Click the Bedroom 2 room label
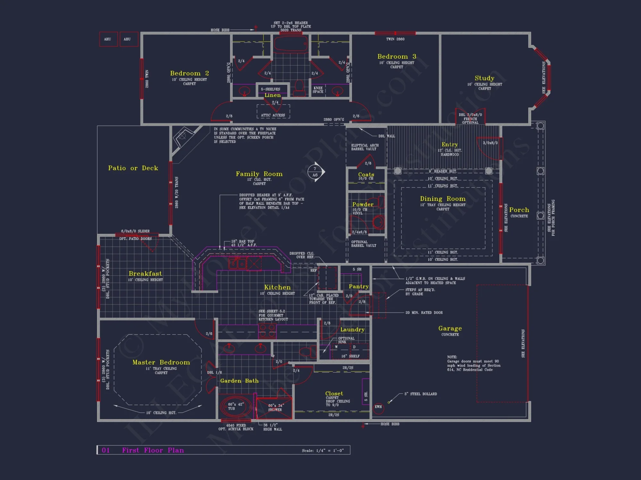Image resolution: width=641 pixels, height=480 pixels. tap(189, 73)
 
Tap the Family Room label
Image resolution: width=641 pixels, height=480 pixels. tap(259, 174)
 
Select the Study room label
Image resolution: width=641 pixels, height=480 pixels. tap(484, 78)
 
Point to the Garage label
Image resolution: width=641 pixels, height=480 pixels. tap(450, 328)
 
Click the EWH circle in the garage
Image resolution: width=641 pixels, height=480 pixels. tap(378, 407)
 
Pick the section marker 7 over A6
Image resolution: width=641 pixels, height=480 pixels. tap(315, 172)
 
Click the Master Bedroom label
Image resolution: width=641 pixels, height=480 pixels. tap(161, 362)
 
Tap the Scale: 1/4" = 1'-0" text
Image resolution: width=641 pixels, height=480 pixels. tap(322, 451)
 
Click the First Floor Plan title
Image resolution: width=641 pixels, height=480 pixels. tap(153, 450)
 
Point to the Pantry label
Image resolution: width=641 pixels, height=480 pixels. tap(359, 286)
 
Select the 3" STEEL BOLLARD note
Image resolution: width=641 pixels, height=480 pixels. tap(420, 394)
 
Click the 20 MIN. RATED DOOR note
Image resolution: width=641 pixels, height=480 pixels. tap(424, 313)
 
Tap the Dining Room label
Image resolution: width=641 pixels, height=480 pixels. tap(443, 199)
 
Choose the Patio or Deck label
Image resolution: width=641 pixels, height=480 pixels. tap(133, 168)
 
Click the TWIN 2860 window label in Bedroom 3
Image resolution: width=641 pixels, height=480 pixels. tap(395, 39)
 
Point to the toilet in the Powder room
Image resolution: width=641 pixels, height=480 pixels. tap(379, 222)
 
